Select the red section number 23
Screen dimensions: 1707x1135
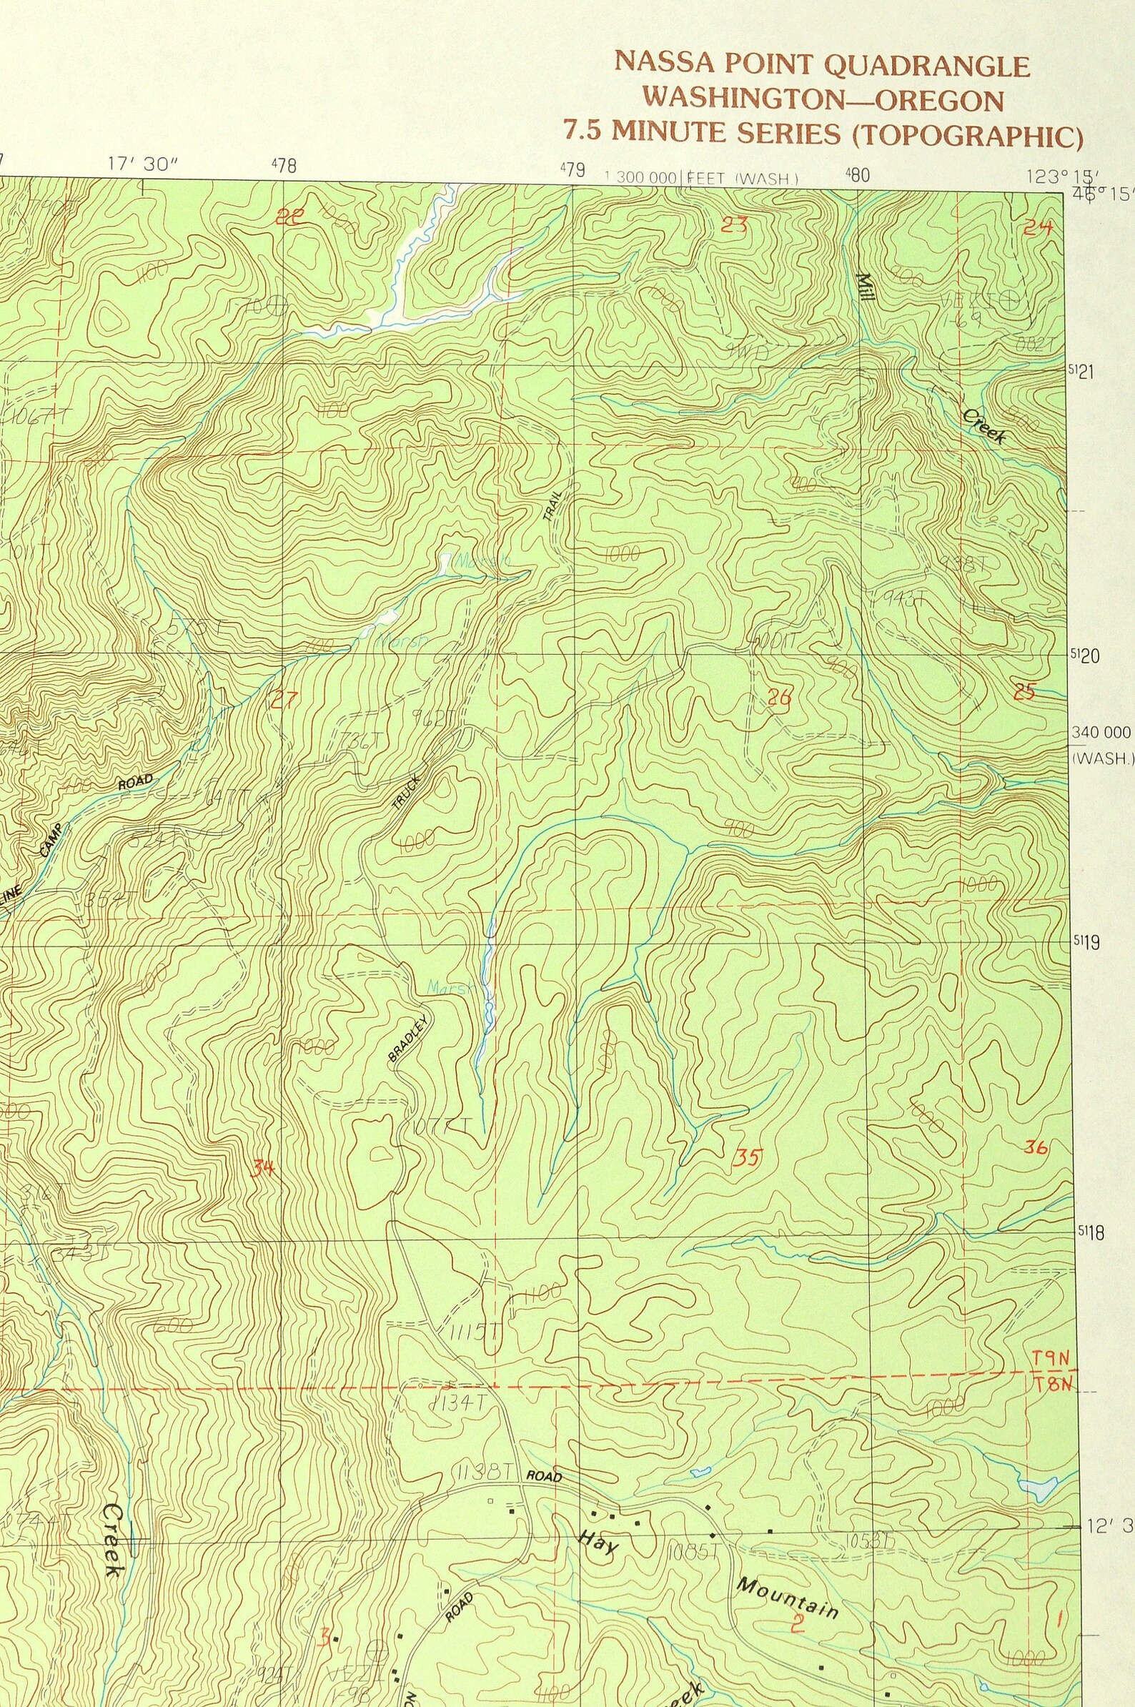tap(733, 224)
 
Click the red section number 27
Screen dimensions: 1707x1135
tap(283, 700)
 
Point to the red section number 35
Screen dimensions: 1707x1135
tap(746, 1157)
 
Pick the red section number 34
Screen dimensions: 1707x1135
tap(263, 1168)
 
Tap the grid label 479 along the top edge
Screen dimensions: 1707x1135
tap(573, 170)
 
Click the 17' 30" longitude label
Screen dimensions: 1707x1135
tap(143, 164)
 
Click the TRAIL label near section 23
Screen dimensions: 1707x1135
tap(552, 505)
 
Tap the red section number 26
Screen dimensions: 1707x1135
tap(780, 697)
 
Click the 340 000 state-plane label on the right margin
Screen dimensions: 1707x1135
tap(1101, 732)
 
